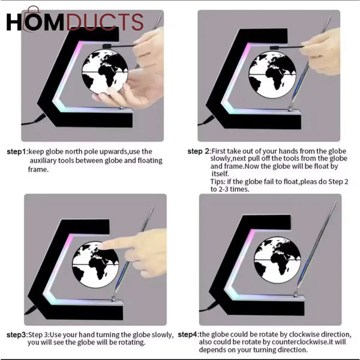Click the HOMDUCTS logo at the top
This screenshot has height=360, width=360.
click(x=74, y=22)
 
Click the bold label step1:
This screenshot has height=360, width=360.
click(x=17, y=151)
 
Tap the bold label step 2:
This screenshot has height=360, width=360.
click(x=200, y=151)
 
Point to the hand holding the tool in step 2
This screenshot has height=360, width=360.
click(x=321, y=51)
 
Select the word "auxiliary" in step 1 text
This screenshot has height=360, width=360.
click(x=45, y=161)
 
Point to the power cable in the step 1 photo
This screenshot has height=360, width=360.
click(x=30, y=122)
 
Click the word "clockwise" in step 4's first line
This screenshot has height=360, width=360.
click(x=307, y=334)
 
